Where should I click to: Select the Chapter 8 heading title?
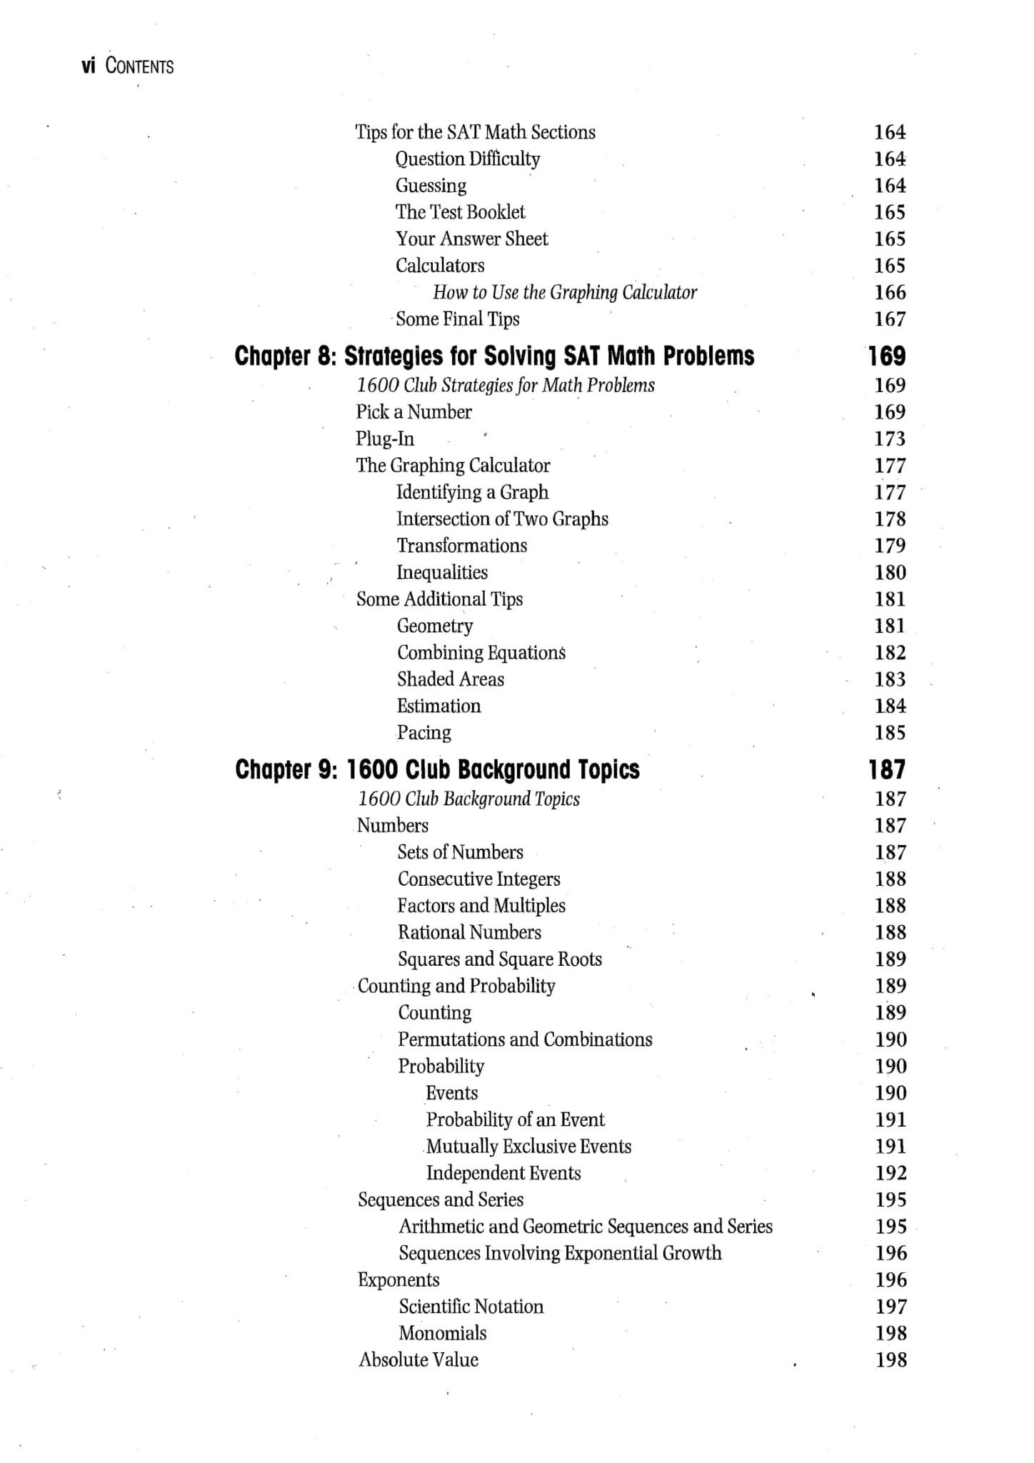point(494,356)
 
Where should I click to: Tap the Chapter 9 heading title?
point(437,769)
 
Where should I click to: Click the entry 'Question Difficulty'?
point(468,159)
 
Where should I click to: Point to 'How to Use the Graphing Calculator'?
point(564,292)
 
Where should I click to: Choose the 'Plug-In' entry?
point(385,439)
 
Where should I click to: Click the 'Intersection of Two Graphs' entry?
point(502,519)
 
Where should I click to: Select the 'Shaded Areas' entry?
point(450,679)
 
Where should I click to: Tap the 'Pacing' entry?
point(423,733)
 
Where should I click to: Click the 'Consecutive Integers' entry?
point(478,879)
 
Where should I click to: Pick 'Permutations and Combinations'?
point(525,1039)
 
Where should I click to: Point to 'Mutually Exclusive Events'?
point(528,1147)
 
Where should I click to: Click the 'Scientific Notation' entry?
point(471,1307)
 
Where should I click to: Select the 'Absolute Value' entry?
point(418,1360)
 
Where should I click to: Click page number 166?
point(890,292)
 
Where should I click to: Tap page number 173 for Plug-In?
point(890,439)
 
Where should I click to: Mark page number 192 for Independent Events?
point(890,1173)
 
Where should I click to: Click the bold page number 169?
point(887,356)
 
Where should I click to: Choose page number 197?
point(890,1307)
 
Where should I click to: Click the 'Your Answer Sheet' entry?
point(471,239)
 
